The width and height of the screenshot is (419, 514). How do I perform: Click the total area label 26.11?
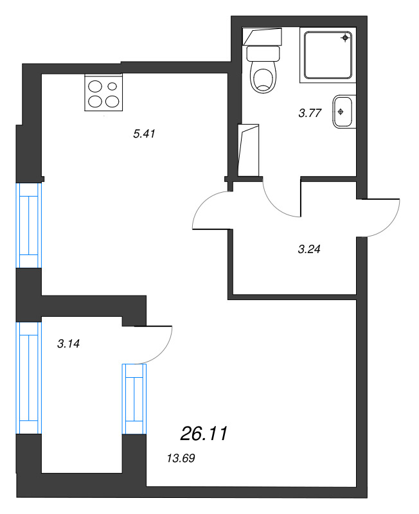coord(204,434)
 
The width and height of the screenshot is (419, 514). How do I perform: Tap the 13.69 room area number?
coord(181,458)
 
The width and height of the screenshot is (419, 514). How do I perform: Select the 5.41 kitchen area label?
coord(144,134)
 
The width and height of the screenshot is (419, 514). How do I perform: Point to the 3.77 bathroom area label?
coord(310,113)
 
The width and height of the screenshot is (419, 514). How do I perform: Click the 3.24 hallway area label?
coord(309,249)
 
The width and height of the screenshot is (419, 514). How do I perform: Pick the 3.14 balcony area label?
coord(69,344)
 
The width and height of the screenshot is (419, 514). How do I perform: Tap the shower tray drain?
coord(345,38)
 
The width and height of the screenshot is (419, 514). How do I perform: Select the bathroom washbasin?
coord(343,112)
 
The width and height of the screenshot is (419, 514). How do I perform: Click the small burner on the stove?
coord(112,86)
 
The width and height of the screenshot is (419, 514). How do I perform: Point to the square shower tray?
coord(328,55)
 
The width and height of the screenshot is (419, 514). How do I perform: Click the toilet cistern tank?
coord(263,53)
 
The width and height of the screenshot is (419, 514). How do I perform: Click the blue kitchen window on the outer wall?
coord(29,226)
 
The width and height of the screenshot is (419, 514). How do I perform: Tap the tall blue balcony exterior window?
coord(29,378)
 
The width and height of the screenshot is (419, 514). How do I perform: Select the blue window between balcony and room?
coord(134,399)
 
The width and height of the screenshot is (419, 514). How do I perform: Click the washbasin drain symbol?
coord(341,112)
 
